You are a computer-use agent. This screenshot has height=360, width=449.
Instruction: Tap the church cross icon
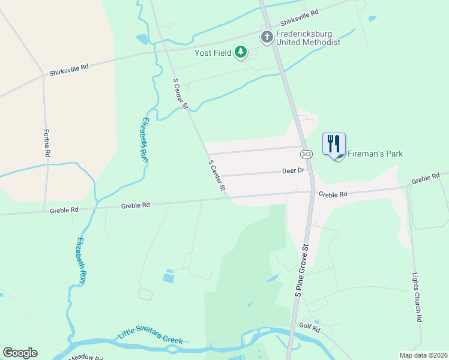tap(267, 37)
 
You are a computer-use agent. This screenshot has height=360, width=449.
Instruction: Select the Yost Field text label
tap(212, 53)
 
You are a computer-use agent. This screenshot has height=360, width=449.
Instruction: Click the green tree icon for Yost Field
tap(241, 53)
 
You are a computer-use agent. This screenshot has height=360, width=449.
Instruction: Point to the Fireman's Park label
tap(375, 154)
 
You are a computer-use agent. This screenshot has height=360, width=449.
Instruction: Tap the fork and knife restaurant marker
tap(334, 144)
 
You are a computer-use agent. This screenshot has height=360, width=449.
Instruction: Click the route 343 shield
tap(306, 154)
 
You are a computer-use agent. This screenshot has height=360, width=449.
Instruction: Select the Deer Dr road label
tap(294, 170)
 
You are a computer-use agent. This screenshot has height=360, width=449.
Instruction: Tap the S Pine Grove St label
tap(301, 269)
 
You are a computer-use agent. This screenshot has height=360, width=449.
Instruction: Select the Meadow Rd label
tap(85, 357)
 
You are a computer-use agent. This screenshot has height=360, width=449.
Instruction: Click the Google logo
tap(20, 353)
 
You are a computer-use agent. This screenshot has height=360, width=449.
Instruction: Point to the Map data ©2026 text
tap(423, 355)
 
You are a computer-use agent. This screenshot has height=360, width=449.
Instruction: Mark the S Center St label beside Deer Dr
tap(217, 176)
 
